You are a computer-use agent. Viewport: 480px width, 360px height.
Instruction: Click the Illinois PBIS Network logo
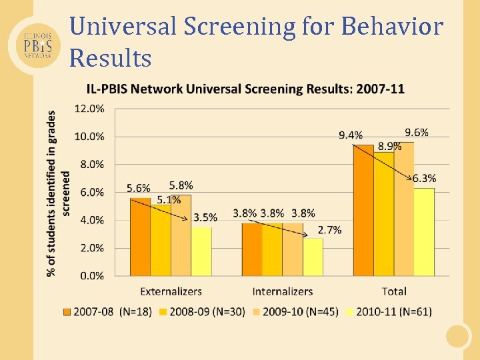(35, 44)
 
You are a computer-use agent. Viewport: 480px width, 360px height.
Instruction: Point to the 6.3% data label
(424, 178)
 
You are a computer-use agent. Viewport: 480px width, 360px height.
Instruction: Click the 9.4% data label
(351, 135)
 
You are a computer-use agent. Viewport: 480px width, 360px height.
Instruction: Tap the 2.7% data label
(329, 229)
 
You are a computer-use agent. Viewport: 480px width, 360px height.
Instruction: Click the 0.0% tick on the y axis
(91, 275)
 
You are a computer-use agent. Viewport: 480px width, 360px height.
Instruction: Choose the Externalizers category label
(171, 291)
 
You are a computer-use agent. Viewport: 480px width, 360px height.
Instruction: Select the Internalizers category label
(283, 291)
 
